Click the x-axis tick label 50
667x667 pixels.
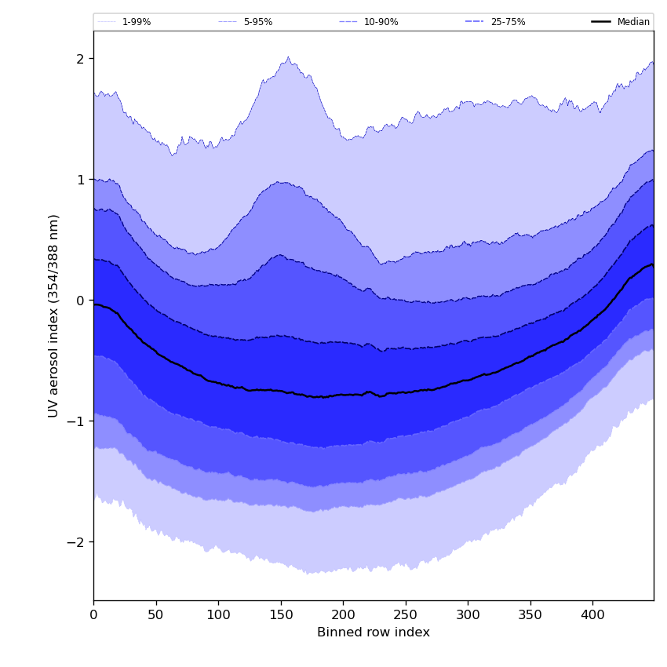(155, 615)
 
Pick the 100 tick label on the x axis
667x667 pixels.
(218, 615)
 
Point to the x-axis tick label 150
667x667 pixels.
(280, 615)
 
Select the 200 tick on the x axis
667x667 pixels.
(343, 615)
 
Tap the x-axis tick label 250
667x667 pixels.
(405, 615)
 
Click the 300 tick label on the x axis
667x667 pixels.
(468, 615)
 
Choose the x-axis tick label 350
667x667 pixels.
(530, 615)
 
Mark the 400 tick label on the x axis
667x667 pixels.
(592, 615)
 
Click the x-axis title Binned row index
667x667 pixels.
(374, 632)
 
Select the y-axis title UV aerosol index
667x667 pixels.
(54, 315)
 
